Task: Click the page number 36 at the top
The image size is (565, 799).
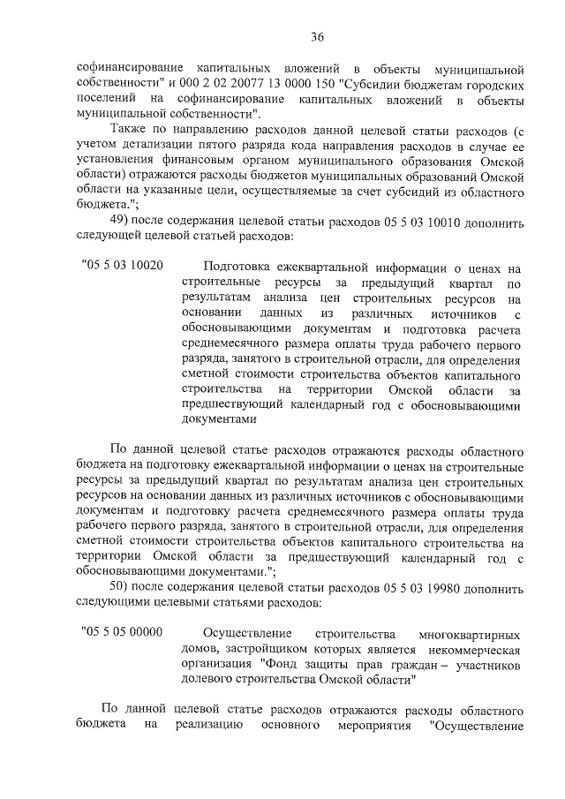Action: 318,36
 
